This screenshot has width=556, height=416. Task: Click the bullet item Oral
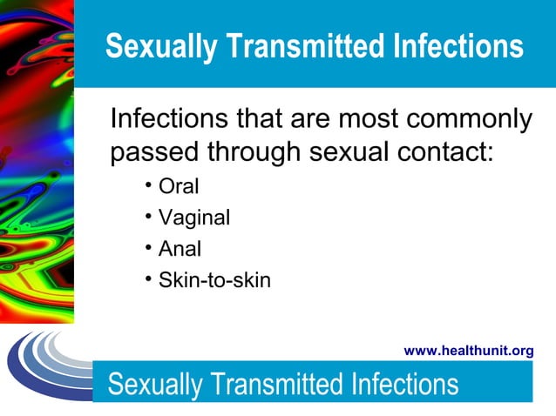[x=179, y=186]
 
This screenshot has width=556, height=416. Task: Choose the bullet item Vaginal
[x=193, y=218]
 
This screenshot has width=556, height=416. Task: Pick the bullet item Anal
[x=180, y=249]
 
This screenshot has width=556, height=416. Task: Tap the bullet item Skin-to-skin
[x=214, y=280]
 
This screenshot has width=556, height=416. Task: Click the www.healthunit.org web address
[x=469, y=351]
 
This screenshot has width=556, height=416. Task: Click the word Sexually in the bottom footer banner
[x=153, y=384]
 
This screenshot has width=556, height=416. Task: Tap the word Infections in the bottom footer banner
[x=406, y=384]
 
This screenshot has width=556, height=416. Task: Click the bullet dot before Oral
[x=149, y=185]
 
